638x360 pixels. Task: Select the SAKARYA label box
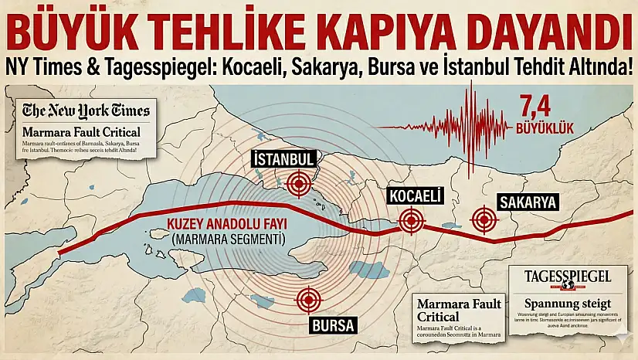click(528, 202)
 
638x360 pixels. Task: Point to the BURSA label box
click(333, 325)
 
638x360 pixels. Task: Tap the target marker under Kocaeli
click(412, 222)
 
